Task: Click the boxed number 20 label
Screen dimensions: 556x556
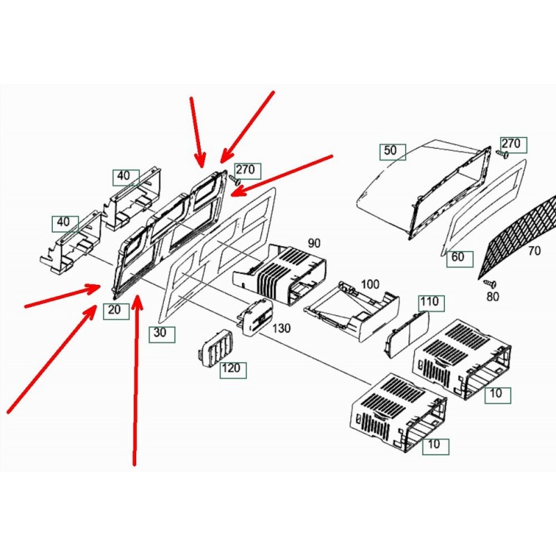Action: tap(116, 311)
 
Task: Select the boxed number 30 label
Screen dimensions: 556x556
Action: tap(162, 334)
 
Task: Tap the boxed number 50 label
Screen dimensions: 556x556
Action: tap(393, 152)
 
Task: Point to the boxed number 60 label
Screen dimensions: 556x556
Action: tap(459, 259)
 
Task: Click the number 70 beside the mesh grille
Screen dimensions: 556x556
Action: tap(534, 251)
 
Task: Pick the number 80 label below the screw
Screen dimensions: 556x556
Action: tap(493, 297)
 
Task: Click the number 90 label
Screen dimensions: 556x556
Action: tap(314, 243)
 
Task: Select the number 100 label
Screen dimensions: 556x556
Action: tap(370, 284)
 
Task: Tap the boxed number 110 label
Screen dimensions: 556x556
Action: tap(432, 303)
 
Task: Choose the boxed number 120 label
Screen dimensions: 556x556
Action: tap(233, 370)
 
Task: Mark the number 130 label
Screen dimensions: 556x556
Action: tap(281, 328)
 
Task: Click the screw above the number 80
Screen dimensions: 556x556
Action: tap(490, 284)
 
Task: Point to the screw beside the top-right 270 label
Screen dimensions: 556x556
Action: tap(502, 154)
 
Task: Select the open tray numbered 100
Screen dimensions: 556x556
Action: tap(352, 311)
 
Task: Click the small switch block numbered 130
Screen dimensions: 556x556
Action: tap(255, 316)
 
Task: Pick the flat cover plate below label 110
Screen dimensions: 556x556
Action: tap(407, 334)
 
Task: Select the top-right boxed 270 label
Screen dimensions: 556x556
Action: tap(514, 145)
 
